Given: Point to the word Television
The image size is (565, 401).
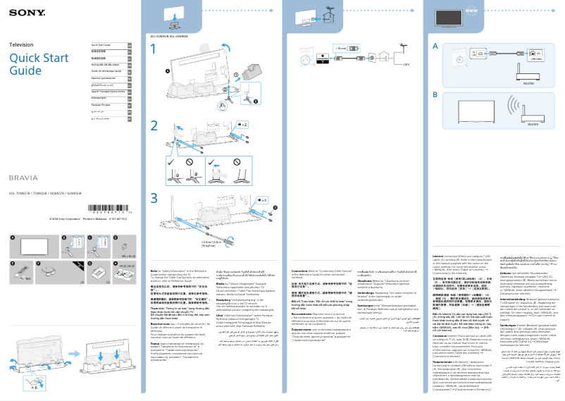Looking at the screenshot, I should (x=21, y=44).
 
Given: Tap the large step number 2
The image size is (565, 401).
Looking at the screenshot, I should (x=154, y=126).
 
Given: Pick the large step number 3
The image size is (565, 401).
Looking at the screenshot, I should (x=154, y=197).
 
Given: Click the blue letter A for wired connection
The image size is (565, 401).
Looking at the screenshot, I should (x=435, y=46).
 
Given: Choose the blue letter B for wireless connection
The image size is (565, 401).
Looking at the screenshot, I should (x=435, y=94).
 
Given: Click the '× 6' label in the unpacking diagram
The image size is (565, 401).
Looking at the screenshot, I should (x=35, y=387).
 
